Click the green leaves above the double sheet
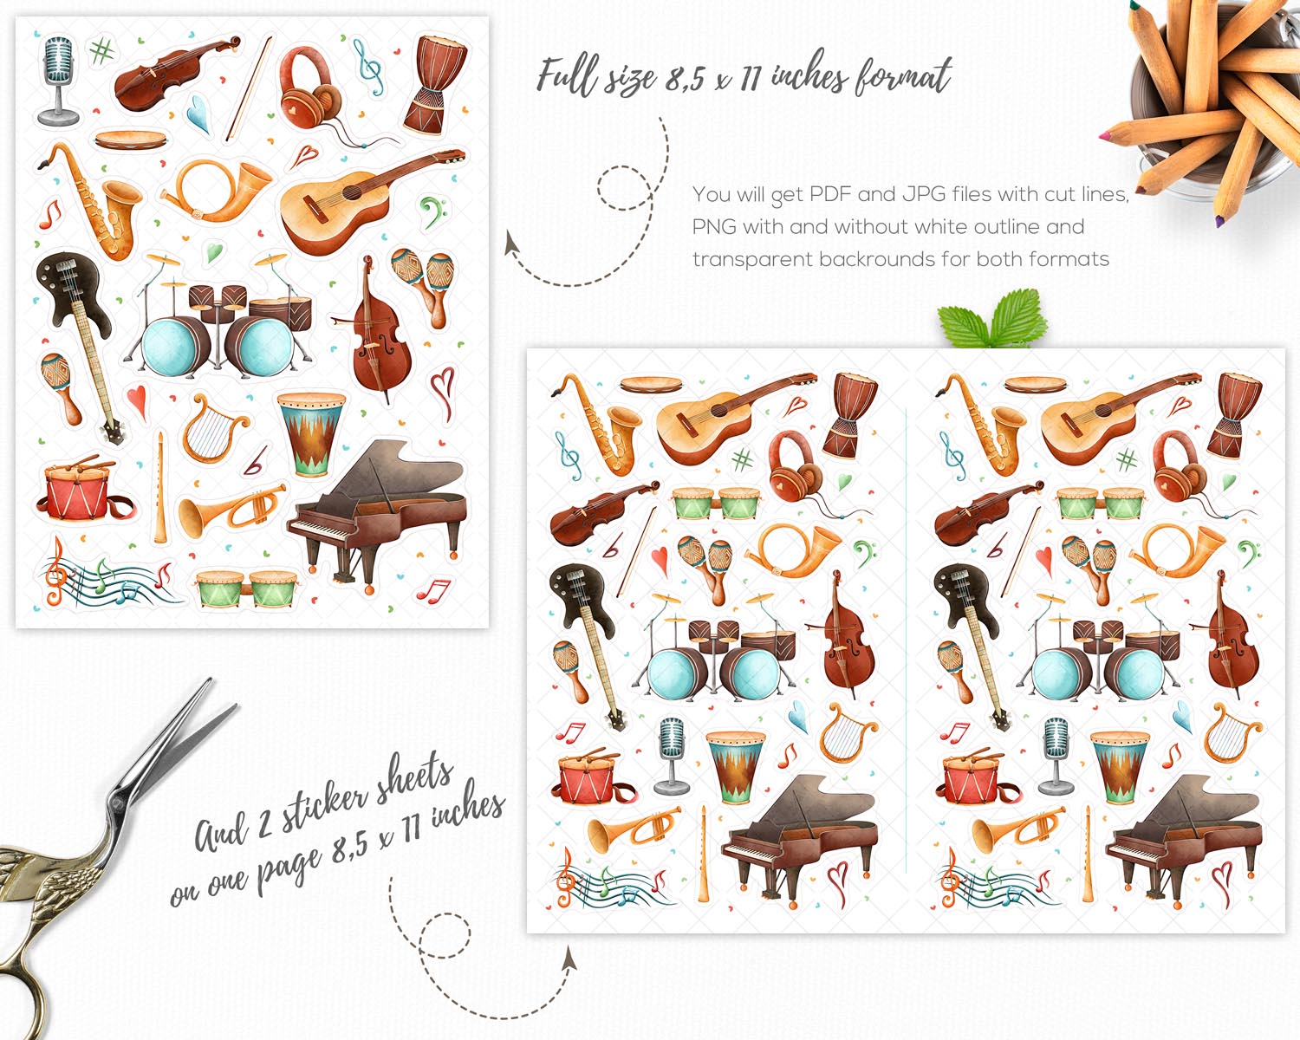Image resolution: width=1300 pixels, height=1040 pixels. [x=991, y=319]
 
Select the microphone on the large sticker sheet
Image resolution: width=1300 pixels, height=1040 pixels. [x=58, y=81]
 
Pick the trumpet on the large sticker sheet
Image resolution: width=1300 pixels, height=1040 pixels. [x=231, y=510]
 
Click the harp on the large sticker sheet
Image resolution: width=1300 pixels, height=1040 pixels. [x=211, y=428]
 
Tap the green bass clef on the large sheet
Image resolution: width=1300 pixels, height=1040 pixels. [x=432, y=211]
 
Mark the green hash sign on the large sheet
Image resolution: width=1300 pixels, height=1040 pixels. [x=101, y=51]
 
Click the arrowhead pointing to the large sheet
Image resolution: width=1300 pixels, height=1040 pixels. [x=512, y=243]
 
